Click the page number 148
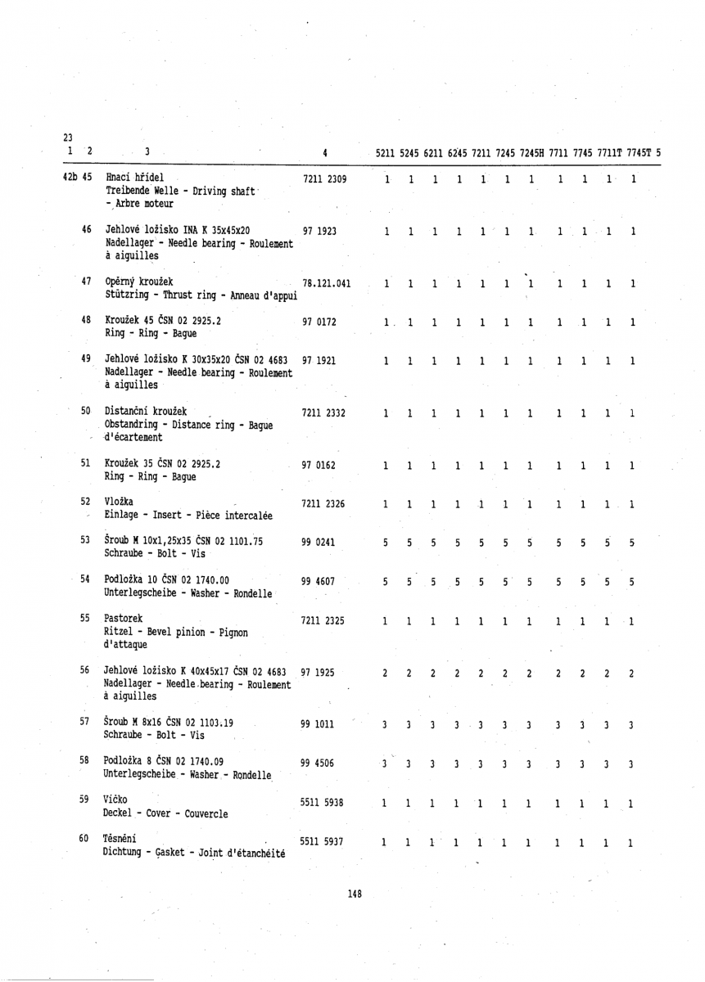click(x=354, y=894)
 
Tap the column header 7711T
click(x=606, y=151)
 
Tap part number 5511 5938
click(x=327, y=803)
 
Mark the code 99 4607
click(x=320, y=582)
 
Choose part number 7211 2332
click(x=327, y=414)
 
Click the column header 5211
click(x=386, y=151)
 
